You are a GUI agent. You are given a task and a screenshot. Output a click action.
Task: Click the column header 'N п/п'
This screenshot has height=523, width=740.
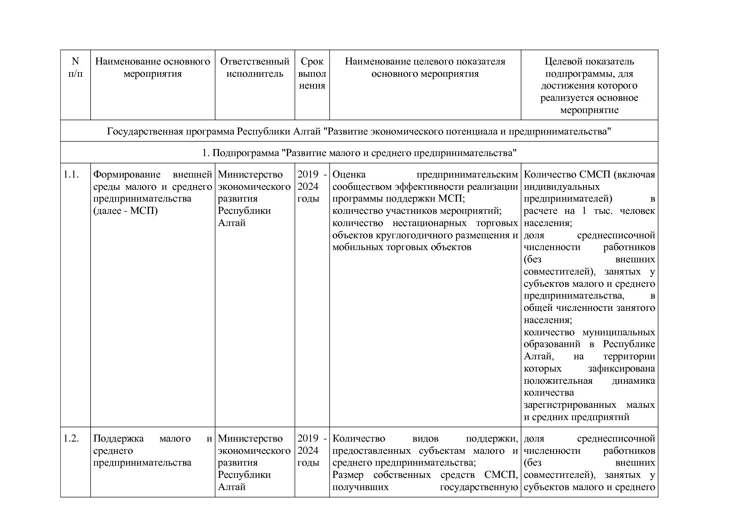(x=75, y=67)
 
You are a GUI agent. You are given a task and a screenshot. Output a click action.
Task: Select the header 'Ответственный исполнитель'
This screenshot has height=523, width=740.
(x=255, y=67)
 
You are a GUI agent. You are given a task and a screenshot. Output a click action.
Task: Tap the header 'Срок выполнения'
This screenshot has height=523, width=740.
(x=312, y=73)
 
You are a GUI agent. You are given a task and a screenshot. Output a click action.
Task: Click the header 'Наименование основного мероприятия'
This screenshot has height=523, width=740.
(x=152, y=67)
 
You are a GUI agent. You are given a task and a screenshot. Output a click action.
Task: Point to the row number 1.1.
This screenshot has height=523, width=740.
(x=71, y=175)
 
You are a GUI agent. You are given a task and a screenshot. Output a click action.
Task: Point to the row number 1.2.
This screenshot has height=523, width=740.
(x=71, y=439)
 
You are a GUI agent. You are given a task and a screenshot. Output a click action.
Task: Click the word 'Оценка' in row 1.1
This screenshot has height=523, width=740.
(x=349, y=175)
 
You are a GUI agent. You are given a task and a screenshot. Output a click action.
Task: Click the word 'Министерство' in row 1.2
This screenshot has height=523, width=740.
(x=250, y=439)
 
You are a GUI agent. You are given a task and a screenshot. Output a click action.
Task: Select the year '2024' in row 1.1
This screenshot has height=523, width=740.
(x=308, y=187)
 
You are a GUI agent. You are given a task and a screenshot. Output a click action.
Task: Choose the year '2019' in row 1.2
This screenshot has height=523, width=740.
(x=308, y=439)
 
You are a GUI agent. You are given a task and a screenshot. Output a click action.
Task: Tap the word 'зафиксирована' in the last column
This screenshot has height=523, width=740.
(x=621, y=369)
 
